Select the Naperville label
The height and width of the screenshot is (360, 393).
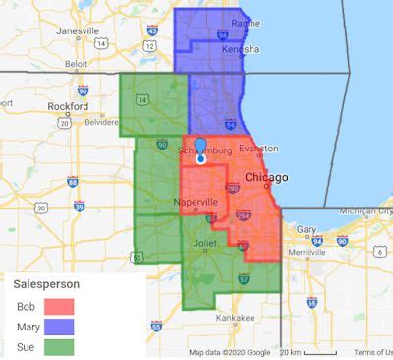pos(196,201)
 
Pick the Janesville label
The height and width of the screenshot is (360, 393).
pos(78,30)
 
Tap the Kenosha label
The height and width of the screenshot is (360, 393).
pos(240,49)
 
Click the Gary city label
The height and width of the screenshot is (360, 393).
pos(307,228)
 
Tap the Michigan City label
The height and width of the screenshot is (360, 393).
pos(365,210)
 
